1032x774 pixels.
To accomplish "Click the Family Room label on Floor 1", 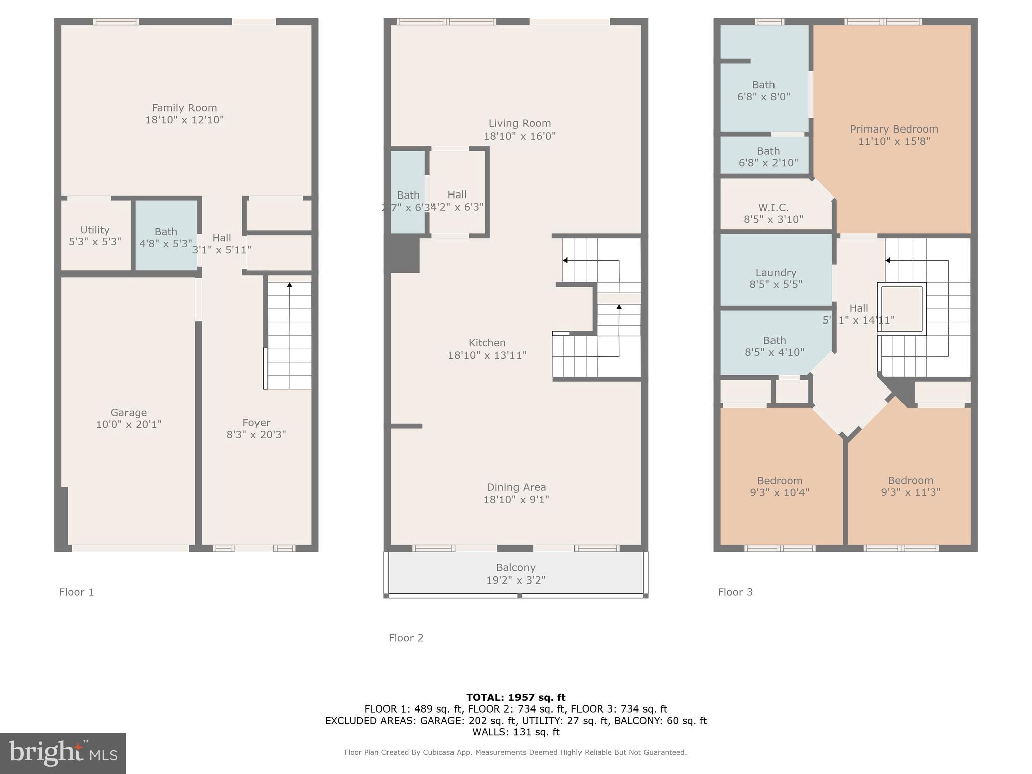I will (184, 108).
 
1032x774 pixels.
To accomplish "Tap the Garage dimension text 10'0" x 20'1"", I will (128, 424).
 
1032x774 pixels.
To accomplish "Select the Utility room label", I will (95, 230).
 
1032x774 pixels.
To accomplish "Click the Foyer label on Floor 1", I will (256, 423).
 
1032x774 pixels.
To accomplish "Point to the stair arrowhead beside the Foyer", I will (290, 285).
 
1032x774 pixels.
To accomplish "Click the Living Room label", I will (520, 123).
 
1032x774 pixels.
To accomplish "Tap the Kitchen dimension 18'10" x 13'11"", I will (487, 355).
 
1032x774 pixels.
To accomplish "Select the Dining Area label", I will (516, 487).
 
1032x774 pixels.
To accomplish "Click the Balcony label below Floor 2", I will (515, 568).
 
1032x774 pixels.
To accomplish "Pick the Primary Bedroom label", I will (893, 129).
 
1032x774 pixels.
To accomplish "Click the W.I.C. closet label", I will (773, 208).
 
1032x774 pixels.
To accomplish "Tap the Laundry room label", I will (776, 273).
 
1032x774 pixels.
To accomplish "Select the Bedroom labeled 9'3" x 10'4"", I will (780, 486).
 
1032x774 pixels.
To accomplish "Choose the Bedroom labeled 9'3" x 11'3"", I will (910, 486).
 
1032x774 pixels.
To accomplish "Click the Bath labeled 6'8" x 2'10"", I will (768, 157).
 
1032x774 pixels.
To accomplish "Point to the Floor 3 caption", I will (735, 592).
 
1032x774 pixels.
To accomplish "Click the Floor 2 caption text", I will (406, 638).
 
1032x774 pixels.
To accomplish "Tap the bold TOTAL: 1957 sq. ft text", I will (515, 697).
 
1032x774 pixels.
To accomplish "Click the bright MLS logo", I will (63, 753).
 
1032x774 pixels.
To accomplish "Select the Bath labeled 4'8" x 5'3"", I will (166, 237).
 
